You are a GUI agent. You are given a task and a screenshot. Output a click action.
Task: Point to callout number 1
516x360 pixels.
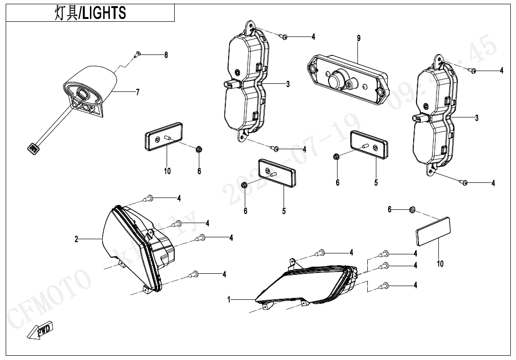pyautogui.click(x=229, y=300)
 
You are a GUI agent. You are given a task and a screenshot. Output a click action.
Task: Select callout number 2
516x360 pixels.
pyautogui.click(x=76, y=239)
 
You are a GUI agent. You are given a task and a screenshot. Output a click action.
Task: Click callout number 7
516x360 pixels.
pyautogui.click(x=138, y=92)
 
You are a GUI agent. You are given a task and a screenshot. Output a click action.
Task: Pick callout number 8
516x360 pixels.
pyautogui.click(x=166, y=55)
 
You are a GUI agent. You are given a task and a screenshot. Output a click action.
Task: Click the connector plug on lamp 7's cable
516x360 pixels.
pyautogui.click(x=34, y=148)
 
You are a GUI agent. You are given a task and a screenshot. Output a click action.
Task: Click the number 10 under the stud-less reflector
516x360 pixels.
pyautogui.click(x=440, y=264)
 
